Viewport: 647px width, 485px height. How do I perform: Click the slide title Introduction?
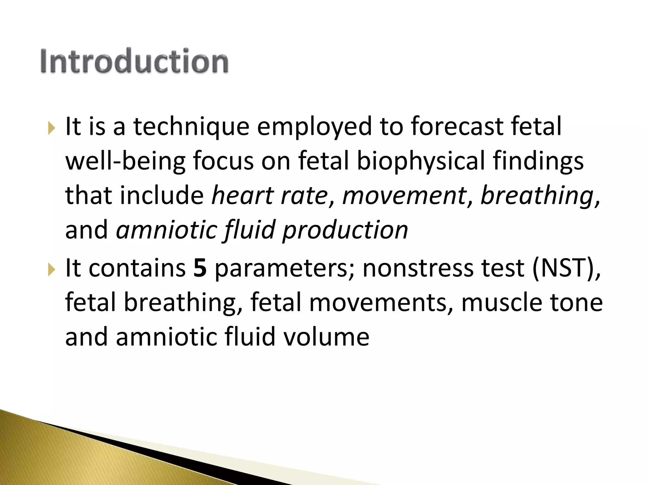pos(134,61)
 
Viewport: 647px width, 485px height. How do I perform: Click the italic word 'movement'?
pos(404,195)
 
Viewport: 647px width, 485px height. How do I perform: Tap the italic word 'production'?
pos(345,230)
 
